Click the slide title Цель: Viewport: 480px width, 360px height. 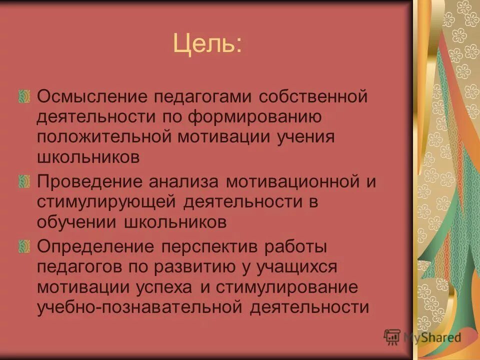tap(206, 44)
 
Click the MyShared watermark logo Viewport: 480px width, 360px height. tap(422, 337)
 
